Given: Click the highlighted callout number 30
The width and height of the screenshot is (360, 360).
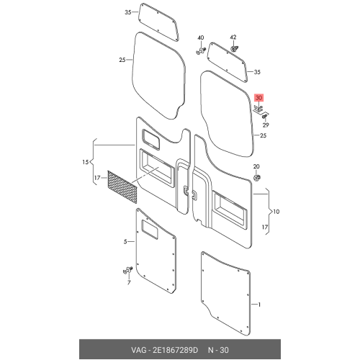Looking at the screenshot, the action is pyautogui.click(x=258, y=98).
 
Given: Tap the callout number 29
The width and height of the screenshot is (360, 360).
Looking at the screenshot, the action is pyautogui.click(x=266, y=125).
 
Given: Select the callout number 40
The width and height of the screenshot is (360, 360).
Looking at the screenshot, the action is pyautogui.click(x=201, y=37).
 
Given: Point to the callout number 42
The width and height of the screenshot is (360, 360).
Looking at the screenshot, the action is pyautogui.click(x=233, y=37).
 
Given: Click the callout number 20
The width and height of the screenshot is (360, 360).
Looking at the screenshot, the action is pyautogui.click(x=256, y=166).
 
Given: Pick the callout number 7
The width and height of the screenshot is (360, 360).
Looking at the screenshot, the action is pyautogui.click(x=129, y=282).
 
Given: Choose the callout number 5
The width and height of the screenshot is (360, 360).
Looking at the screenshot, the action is pyautogui.click(x=125, y=242).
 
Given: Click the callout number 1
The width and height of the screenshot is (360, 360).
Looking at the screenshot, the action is pyautogui.click(x=259, y=305).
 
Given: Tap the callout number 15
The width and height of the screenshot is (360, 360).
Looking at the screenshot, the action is pyautogui.click(x=86, y=162).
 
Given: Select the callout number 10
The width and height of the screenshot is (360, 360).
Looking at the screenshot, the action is pyautogui.click(x=276, y=212).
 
